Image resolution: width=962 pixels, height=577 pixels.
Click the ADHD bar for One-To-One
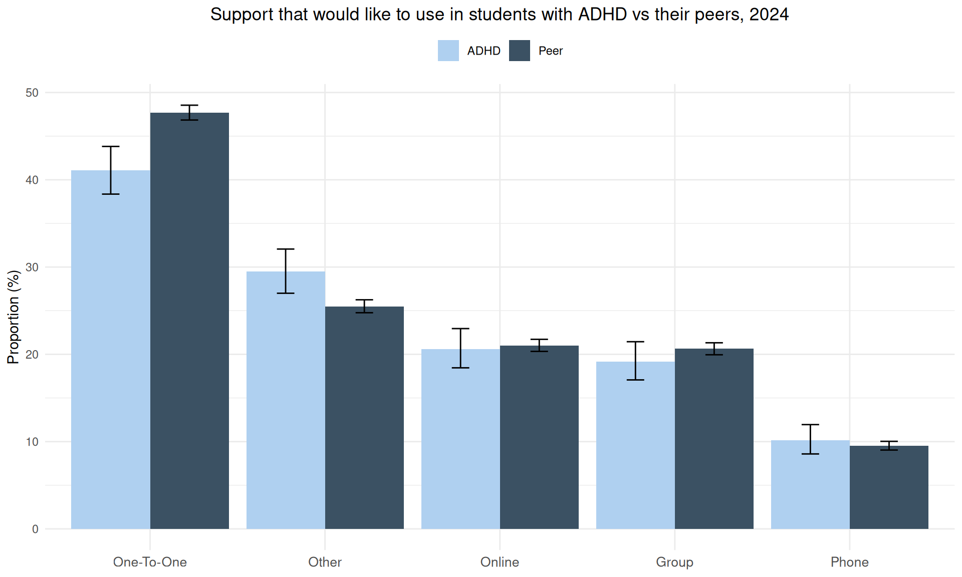(110, 351)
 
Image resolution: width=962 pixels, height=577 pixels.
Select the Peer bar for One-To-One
(189, 321)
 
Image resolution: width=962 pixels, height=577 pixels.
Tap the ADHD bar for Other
(286, 401)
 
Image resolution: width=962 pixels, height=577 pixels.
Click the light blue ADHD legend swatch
(448, 51)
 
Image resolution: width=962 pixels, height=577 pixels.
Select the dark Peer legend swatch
(519, 51)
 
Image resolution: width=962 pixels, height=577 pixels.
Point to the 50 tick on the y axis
(32, 93)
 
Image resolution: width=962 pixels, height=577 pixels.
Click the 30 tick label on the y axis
(32, 267)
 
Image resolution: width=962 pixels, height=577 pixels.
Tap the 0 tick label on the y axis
(35, 529)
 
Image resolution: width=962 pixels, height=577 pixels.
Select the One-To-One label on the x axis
(150, 562)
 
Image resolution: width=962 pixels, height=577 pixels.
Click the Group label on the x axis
(674, 562)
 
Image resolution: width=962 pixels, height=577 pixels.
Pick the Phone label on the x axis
(849, 562)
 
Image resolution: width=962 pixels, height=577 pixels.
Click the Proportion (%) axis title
(14, 317)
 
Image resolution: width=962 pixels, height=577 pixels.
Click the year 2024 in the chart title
(769, 15)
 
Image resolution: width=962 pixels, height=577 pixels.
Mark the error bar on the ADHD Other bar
(286, 271)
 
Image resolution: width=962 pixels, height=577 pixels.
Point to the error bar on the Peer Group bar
(714, 349)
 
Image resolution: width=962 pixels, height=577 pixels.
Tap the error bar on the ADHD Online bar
(460, 348)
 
